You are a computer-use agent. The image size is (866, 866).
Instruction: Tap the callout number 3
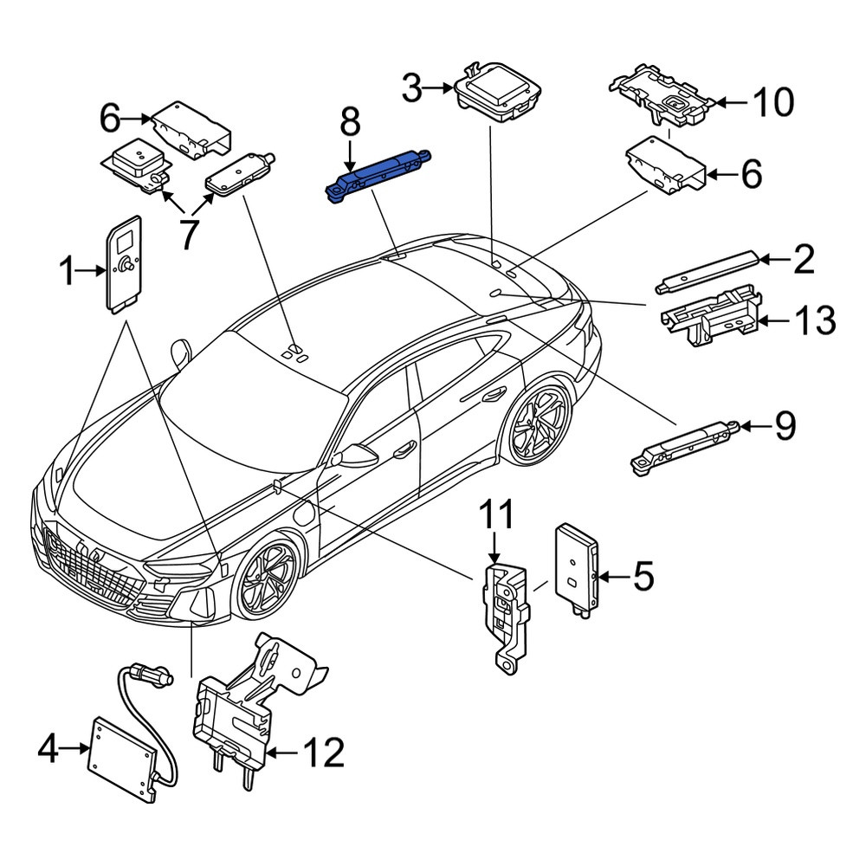click(411, 87)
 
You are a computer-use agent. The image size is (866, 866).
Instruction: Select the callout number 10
click(773, 102)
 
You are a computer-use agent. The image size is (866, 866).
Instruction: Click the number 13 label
click(815, 320)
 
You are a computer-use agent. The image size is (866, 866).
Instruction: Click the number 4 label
click(48, 748)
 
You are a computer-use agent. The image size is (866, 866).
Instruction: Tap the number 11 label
click(495, 514)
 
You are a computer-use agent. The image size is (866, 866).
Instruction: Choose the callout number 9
click(785, 426)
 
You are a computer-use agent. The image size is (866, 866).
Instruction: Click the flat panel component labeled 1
click(124, 264)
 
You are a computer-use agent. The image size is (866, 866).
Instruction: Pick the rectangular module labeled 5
click(577, 571)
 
